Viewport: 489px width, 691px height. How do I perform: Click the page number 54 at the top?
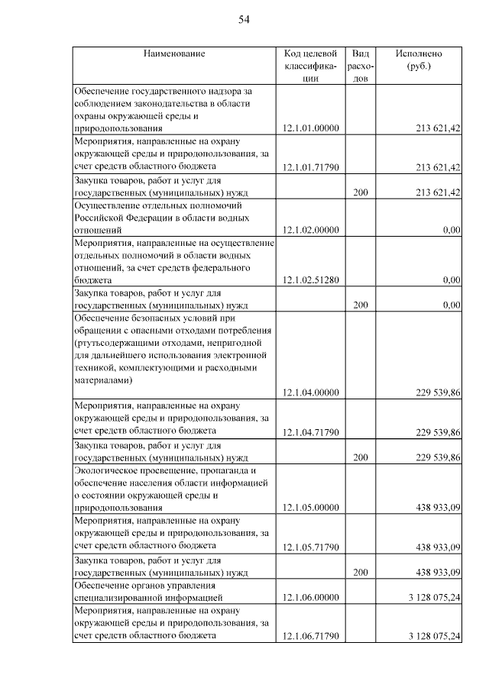click(x=244, y=20)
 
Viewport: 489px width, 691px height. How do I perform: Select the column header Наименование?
click(x=173, y=53)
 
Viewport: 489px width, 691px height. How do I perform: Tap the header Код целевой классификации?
click(x=310, y=66)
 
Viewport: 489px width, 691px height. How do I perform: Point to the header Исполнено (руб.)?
click(x=419, y=60)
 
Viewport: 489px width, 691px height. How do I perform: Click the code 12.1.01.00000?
click(x=310, y=129)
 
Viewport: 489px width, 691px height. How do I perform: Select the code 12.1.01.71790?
click(x=310, y=167)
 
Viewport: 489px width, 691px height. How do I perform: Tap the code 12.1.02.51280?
click(x=310, y=280)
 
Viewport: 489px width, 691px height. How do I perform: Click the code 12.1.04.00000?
click(x=310, y=393)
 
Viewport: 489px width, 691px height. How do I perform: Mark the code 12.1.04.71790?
click(x=310, y=432)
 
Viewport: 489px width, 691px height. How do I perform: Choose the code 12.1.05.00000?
click(x=310, y=508)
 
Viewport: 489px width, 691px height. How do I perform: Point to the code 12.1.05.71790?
click(x=310, y=547)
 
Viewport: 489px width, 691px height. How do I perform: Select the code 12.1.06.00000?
click(x=310, y=597)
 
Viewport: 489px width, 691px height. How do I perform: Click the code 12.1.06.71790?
click(x=310, y=636)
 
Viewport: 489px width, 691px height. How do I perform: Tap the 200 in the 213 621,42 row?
click(x=361, y=192)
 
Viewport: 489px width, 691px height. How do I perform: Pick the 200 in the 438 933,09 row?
click(x=361, y=572)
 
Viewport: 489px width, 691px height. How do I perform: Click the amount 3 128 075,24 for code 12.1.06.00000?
click(x=434, y=597)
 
